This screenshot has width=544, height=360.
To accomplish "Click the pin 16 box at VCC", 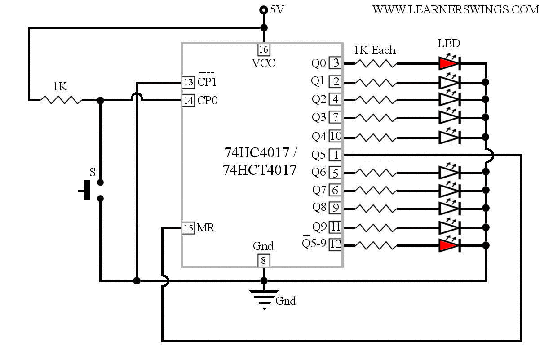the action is [264, 49].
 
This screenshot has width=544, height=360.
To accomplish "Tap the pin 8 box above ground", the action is [264, 261].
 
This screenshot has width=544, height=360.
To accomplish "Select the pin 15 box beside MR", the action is [189, 228].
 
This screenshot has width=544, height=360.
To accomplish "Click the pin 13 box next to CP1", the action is [189, 82].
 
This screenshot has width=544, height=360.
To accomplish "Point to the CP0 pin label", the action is [207, 100].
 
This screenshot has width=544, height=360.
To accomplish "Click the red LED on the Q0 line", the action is [449, 64].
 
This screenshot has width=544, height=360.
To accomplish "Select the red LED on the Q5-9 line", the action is [449, 245].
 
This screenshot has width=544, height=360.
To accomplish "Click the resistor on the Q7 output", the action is [376, 191].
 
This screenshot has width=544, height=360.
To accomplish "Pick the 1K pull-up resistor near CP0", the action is [61, 100].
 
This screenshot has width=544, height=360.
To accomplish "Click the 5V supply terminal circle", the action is [264, 10].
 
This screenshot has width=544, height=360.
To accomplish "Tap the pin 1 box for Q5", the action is [336, 155].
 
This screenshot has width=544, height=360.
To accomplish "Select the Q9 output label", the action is [319, 227].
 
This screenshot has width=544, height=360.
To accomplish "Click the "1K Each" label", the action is [375, 50].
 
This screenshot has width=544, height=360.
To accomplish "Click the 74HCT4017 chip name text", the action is [259, 170].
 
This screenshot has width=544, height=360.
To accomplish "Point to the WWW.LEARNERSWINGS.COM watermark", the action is [456, 10].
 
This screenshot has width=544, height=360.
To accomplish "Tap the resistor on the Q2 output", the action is [376, 100].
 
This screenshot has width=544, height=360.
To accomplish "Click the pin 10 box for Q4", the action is [336, 136].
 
